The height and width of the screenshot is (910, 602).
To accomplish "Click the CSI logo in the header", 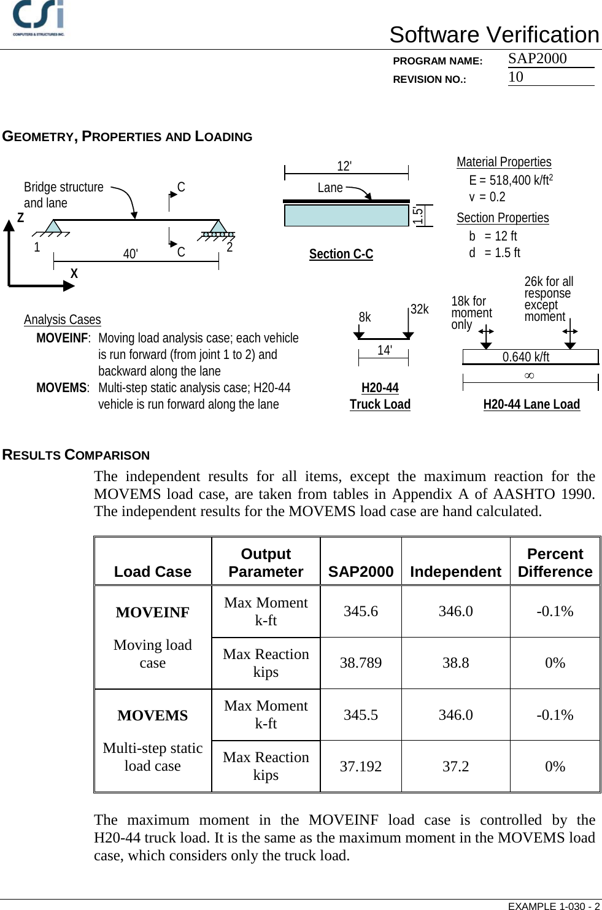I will tap(39, 18).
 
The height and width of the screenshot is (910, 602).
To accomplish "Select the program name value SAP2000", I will tap(537, 58).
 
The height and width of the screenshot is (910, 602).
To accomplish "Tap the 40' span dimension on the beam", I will tap(130, 254).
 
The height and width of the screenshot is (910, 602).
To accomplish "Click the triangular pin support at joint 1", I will tap(53, 227).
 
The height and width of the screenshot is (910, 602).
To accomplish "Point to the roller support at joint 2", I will tap(218, 229).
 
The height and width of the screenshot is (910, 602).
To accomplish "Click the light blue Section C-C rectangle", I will tap(346, 215).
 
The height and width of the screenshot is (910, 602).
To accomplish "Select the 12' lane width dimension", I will tap(344, 166).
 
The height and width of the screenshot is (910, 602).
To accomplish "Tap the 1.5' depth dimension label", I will tap(418, 215).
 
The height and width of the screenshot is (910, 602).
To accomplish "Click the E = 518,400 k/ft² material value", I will tap(511, 180).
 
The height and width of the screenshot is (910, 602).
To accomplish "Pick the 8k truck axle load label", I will tap(365, 317).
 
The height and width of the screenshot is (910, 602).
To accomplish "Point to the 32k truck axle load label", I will tap(420, 309).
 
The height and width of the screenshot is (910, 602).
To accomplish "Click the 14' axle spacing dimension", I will tap(384, 350).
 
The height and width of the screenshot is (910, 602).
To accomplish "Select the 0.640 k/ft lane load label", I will tap(526, 357).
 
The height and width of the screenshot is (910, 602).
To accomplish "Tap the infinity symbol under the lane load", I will tap(529, 376).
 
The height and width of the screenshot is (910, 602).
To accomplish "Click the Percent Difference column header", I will tap(555, 562).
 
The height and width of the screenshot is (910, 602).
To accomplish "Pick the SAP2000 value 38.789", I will tap(360, 663).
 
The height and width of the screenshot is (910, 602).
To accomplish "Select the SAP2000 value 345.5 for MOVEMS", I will tap(360, 715).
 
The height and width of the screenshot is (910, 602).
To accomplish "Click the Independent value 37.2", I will tap(455, 766).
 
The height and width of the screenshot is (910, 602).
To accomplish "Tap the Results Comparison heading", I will tap(76, 455).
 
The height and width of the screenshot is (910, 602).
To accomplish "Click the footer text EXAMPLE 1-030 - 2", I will tap(554, 906).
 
